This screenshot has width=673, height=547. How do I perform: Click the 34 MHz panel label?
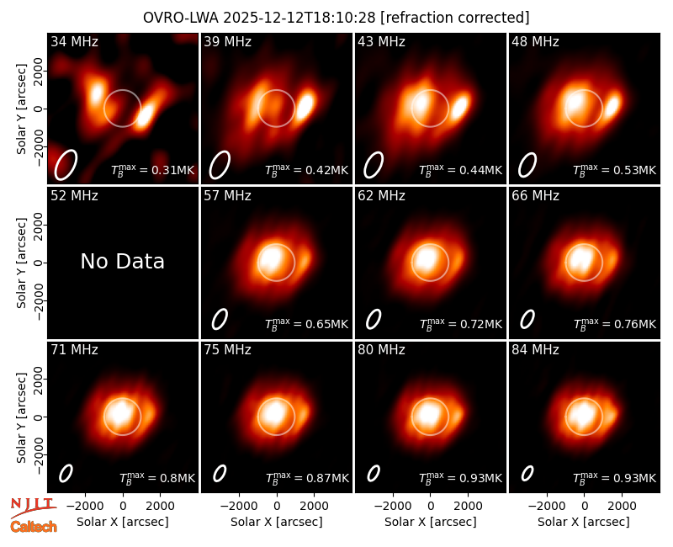(x=74, y=41)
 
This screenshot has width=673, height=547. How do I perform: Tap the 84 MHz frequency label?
(x=535, y=350)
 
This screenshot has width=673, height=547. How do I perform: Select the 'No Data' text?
(x=123, y=261)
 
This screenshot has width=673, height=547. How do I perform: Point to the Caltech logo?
(x=34, y=527)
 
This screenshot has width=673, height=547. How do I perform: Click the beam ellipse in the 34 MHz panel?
(x=66, y=165)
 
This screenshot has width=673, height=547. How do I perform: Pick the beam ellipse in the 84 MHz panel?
(x=527, y=474)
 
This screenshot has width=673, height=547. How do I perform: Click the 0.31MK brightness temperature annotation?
(x=153, y=170)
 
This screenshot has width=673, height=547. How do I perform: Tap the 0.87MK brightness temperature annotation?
(x=307, y=478)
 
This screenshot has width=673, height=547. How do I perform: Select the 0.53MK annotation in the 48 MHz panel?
(x=615, y=170)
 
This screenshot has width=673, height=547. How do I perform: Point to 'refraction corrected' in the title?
(x=455, y=18)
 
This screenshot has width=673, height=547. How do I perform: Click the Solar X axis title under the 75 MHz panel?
(x=277, y=522)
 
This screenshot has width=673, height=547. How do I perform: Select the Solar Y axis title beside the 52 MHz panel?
(x=21, y=263)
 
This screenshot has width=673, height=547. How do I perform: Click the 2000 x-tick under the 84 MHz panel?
(x=622, y=507)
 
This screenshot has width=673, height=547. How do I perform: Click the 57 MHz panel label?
(x=227, y=196)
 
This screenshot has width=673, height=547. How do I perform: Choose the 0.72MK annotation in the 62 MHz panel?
(x=460, y=324)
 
